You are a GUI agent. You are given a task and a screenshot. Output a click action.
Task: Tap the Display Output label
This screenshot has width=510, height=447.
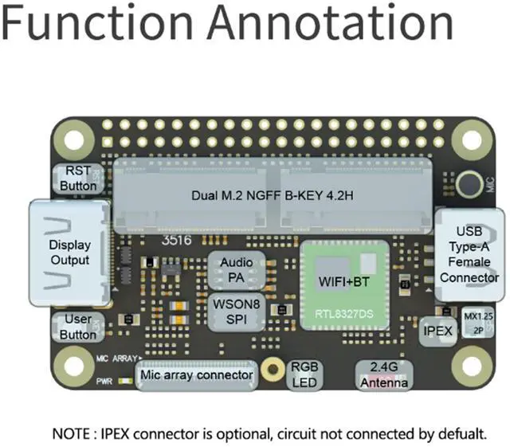click(x=69, y=253)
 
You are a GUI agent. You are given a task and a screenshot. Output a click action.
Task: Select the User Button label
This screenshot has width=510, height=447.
click(x=78, y=327)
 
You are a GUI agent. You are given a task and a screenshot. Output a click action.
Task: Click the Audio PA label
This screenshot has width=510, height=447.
click(x=236, y=269)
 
